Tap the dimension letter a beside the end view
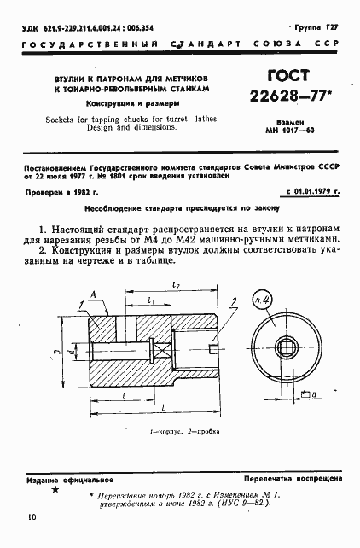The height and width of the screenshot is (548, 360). tap(316, 394)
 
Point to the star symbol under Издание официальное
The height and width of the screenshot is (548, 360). tap(56, 490)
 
